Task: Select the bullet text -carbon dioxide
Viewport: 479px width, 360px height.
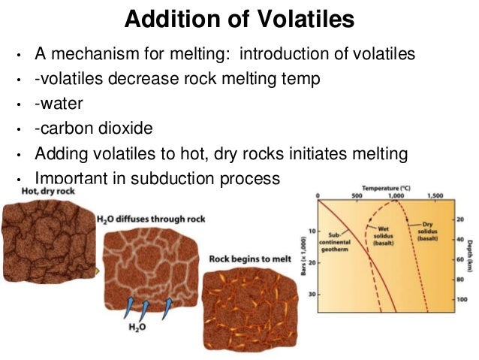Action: pyautogui.click(x=93, y=129)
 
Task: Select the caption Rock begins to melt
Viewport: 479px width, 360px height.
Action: pyautogui.click(x=249, y=259)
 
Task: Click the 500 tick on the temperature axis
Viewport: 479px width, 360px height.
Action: pyautogui.click(x=357, y=195)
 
